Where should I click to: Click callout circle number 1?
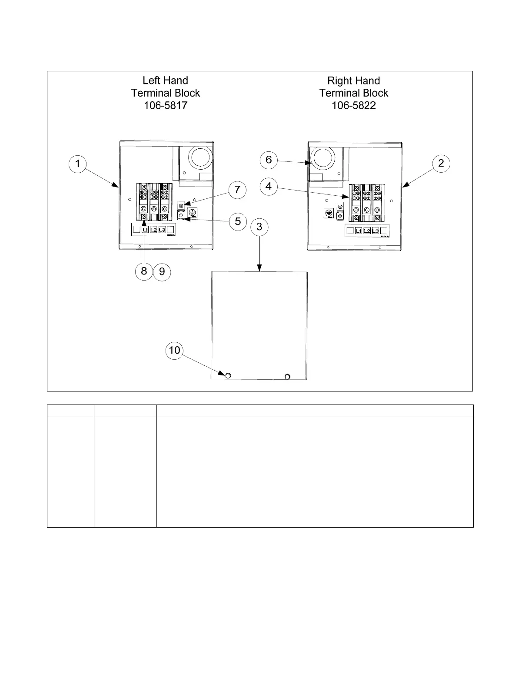[78, 164]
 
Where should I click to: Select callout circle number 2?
[441, 163]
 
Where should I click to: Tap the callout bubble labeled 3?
[259, 227]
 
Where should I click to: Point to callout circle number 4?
[269, 187]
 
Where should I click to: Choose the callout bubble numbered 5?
[238, 221]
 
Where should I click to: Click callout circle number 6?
[269, 160]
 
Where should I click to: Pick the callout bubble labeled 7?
[237, 190]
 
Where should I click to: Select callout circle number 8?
[144, 271]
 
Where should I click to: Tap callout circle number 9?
[162, 272]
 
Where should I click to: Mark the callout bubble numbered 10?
[174, 350]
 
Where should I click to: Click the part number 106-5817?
[166, 105]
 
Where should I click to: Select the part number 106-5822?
[354, 105]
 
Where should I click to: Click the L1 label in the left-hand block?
[145, 230]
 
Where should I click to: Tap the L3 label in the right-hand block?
[375, 231]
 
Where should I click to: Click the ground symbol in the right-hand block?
[329, 213]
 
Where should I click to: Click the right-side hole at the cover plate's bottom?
[287, 376]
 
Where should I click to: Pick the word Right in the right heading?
[339, 80]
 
